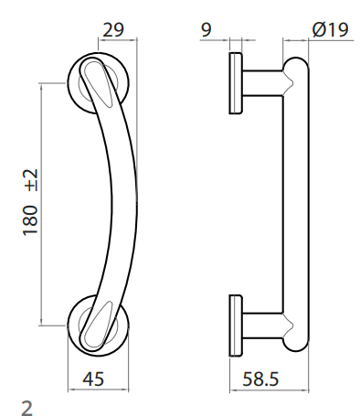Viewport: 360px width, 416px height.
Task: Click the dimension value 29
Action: coord(113,30)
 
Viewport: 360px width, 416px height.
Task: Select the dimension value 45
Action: coord(93,379)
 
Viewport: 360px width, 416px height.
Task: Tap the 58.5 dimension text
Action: coord(260,379)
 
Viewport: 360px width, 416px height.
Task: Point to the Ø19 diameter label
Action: coord(330,30)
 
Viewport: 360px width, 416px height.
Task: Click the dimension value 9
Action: coord(206,30)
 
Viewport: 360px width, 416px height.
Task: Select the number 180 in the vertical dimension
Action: coord(30,220)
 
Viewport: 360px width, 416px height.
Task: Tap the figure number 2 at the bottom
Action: coord(26,408)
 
